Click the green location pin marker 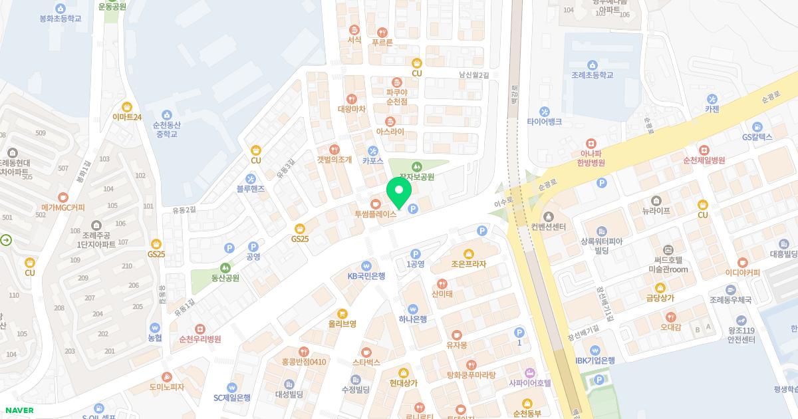[x=399, y=193]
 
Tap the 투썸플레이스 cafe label [x=376, y=214]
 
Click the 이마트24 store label [x=127, y=117]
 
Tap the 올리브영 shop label [x=342, y=324]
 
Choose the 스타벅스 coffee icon [x=366, y=352]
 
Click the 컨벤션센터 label [x=549, y=227]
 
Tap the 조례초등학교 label [x=592, y=75]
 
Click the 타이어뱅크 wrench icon [x=545, y=111]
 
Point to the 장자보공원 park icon [x=416, y=166]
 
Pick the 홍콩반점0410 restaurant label [x=304, y=362]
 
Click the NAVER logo [x=19, y=410]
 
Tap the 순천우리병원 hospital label [x=199, y=339]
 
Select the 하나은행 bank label [x=413, y=319]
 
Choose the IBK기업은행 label [x=595, y=360]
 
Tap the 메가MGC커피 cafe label [x=63, y=208]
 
